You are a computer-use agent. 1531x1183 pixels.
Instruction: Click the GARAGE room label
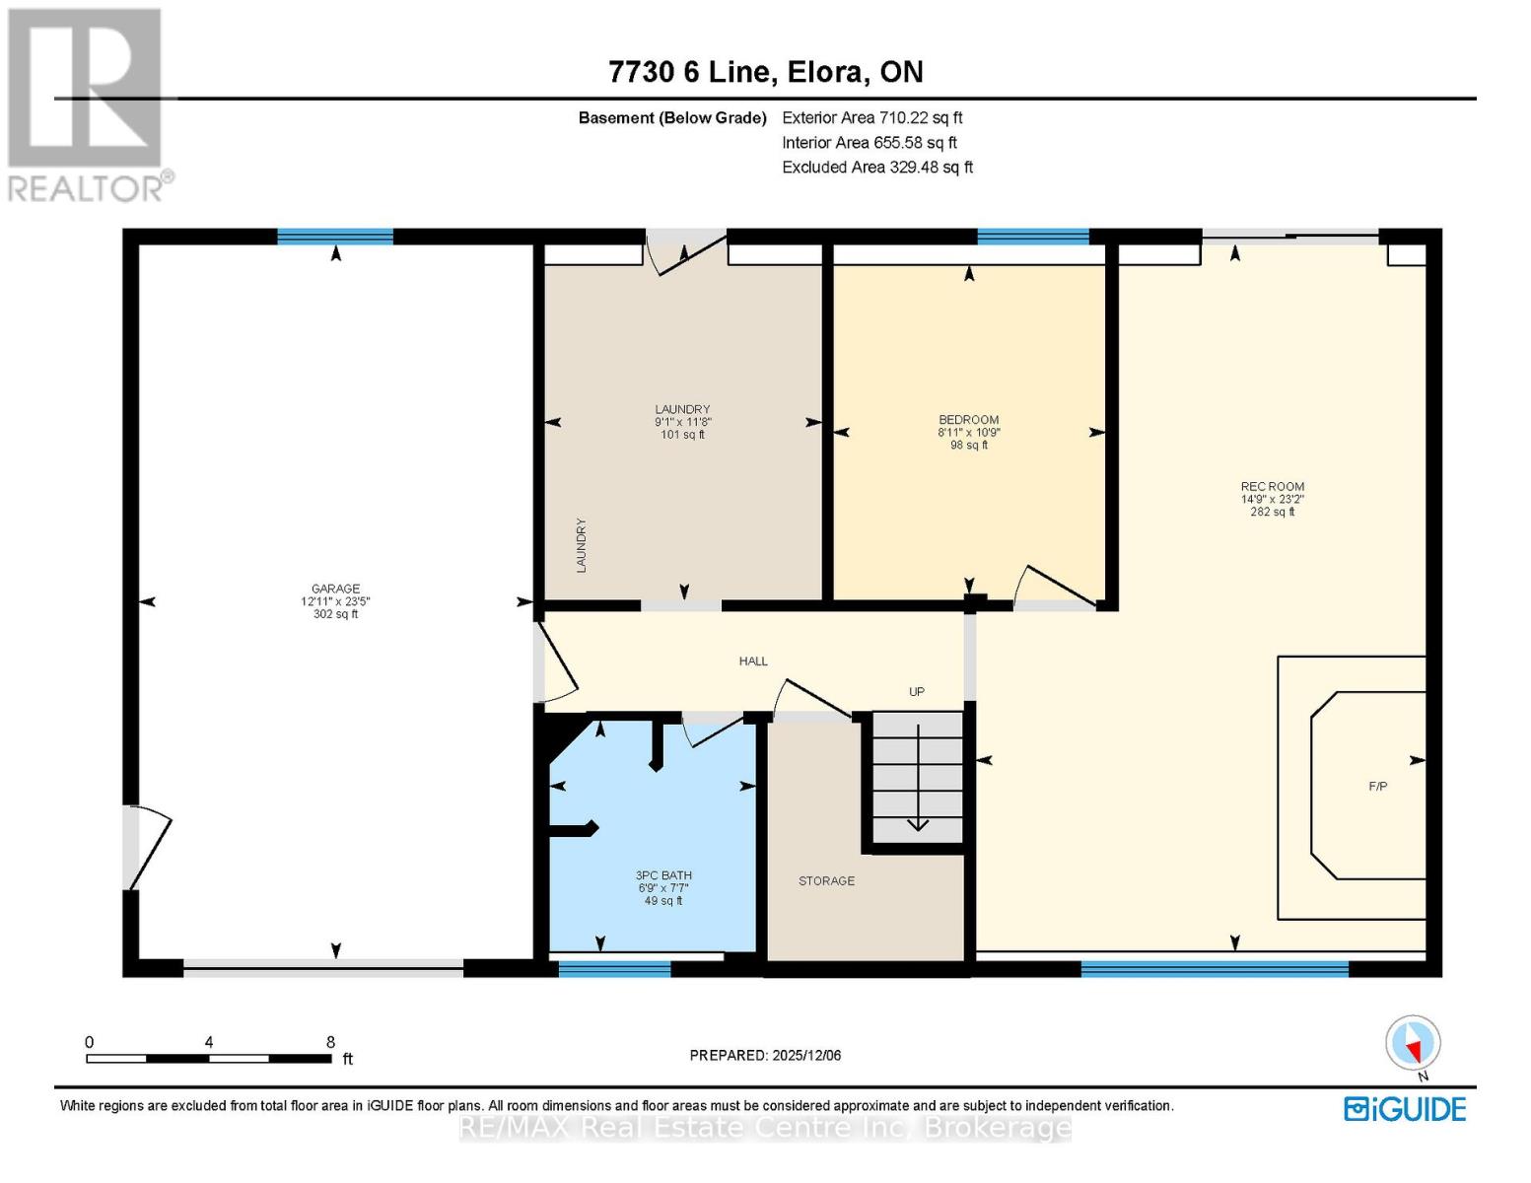[x=335, y=590]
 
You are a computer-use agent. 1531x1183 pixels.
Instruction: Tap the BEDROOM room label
[x=968, y=420]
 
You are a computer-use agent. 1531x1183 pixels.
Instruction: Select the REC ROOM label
[x=1272, y=487]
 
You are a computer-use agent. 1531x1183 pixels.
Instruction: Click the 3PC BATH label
[x=663, y=875]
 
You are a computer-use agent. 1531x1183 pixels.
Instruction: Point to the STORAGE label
[x=826, y=881]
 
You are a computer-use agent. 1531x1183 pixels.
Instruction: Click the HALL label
[x=753, y=661]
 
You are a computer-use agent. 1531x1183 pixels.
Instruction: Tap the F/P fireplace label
[x=1377, y=787]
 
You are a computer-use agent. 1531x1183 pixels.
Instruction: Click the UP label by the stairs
[x=917, y=692]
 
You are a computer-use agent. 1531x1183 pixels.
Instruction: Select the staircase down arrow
[x=918, y=779]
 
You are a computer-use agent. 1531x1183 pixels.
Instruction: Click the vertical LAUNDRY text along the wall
[x=582, y=545]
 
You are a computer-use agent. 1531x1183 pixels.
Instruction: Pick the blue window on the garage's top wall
[x=335, y=236]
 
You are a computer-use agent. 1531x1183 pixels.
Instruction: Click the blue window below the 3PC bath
[x=614, y=970]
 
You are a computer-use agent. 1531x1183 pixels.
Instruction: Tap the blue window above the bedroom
[x=1033, y=236]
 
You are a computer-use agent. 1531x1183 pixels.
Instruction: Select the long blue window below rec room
[x=1215, y=970]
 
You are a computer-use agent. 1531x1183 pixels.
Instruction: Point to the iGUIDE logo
[x=1405, y=1109]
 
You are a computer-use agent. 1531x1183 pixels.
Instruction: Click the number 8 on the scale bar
[x=330, y=1042]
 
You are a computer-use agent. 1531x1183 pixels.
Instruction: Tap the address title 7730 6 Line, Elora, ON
[x=766, y=72]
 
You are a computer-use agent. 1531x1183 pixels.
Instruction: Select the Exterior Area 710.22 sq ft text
[x=871, y=118]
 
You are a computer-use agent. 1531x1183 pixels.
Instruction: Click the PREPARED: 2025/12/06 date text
[x=765, y=1056]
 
